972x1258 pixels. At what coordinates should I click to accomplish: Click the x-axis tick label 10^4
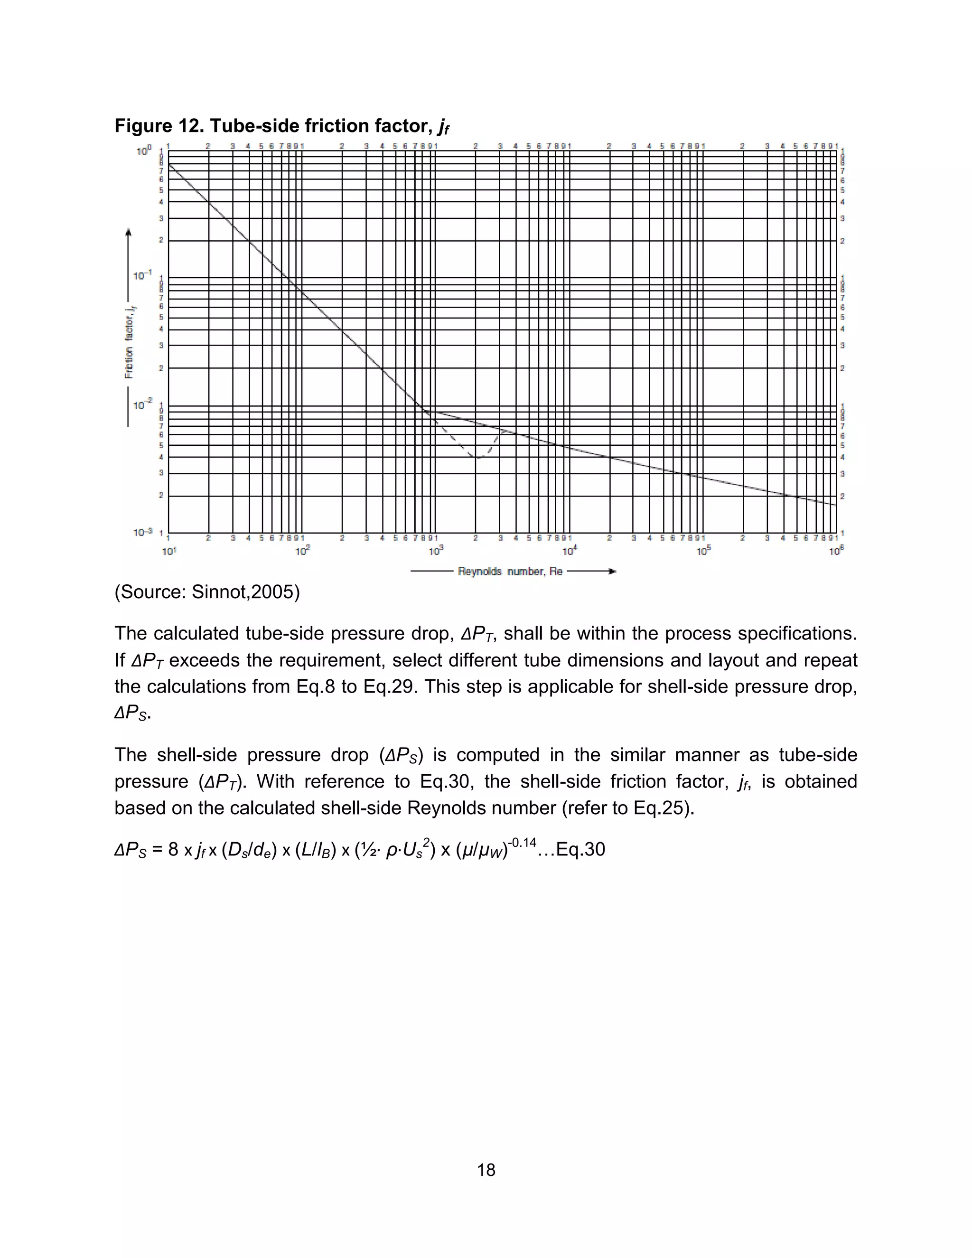tap(569, 551)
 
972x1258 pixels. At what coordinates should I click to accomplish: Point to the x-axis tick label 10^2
tap(302, 551)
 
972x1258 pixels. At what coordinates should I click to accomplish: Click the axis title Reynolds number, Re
tap(510, 572)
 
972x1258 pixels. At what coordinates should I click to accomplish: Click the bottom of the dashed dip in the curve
tap(478, 459)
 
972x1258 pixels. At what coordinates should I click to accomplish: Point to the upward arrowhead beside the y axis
tap(129, 232)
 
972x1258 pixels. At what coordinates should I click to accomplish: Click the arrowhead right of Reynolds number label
tap(612, 572)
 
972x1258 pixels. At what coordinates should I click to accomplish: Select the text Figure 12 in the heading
tap(155, 126)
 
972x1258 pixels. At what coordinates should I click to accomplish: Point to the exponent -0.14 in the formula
tap(522, 843)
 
